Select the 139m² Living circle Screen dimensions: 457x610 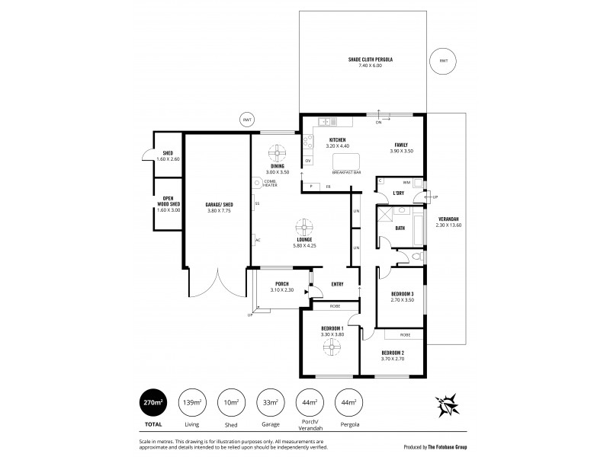[190, 401]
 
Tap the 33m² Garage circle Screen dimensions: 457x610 [271, 401]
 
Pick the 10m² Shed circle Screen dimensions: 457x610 [230, 401]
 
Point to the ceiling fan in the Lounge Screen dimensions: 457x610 [303, 226]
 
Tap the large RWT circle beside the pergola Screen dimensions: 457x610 [444, 61]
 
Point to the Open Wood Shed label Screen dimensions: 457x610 [168, 201]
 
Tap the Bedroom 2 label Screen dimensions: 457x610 [393, 354]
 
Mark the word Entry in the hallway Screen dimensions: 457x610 [337, 284]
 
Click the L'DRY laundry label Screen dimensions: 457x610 [398, 193]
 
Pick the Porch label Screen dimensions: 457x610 [281, 285]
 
